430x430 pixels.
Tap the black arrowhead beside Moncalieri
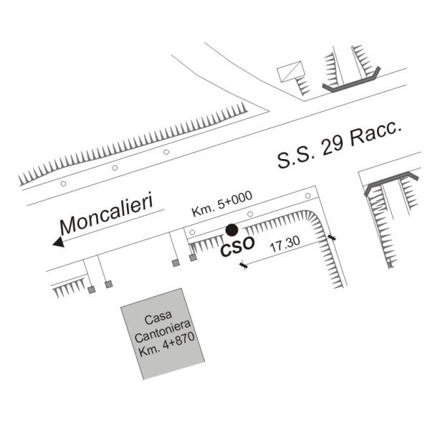pyautogui.click(x=58, y=242)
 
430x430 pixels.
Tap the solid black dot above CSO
pyautogui.click(x=231, y=230)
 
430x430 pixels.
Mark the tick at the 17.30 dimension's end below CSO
pyautogui.click(x=244, y=267)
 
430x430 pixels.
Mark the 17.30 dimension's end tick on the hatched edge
pyautogui.click(x=331, y=236)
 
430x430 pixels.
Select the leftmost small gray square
pyautogui.click(x=91, y=290)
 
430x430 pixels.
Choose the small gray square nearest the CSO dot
pyautogui.click(x=193, y=258)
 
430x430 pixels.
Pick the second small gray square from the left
pyautogui.click(x=109, y=285)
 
